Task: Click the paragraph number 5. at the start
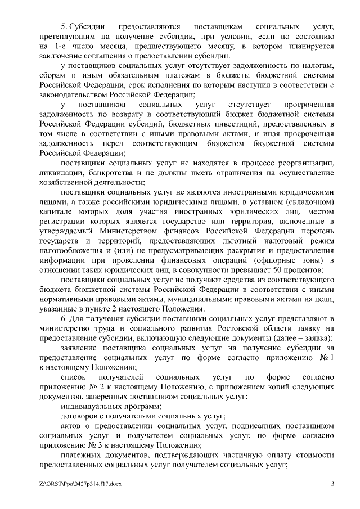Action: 64,26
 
